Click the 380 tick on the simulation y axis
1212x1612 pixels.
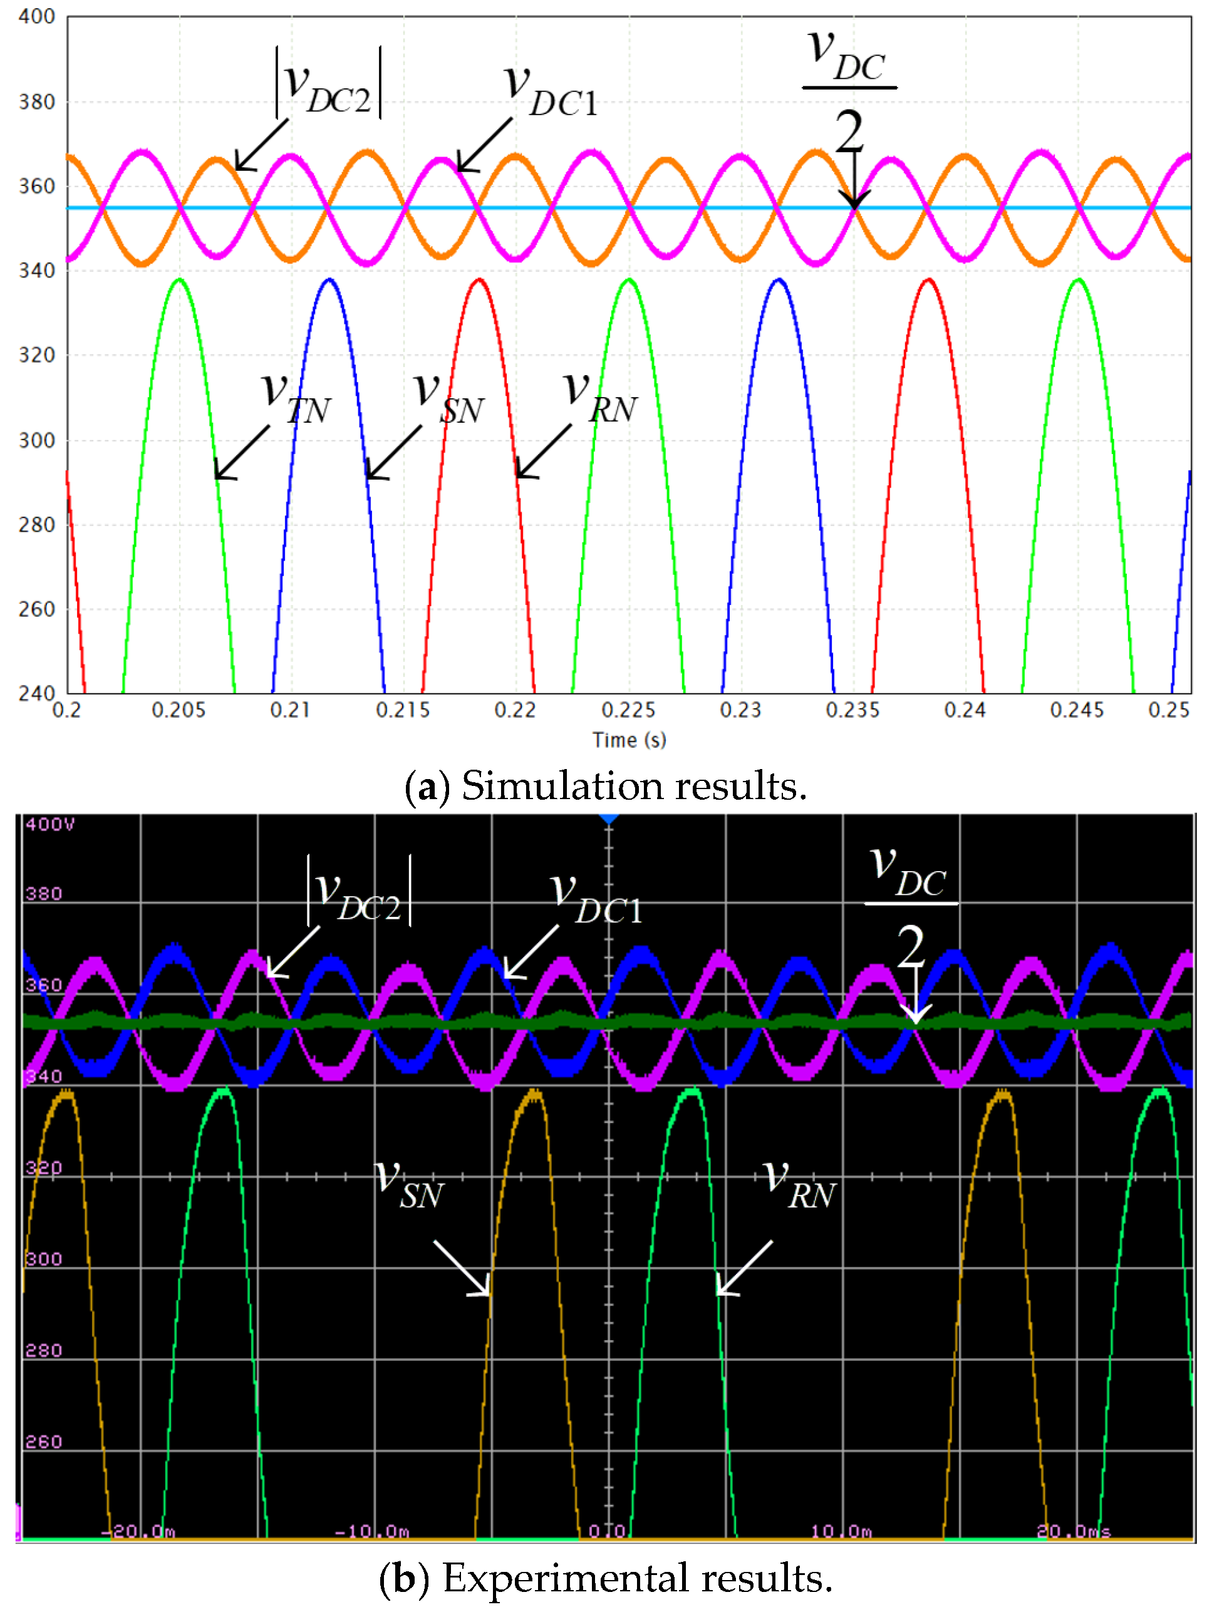coord(36,101)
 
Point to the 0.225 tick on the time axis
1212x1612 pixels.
coord(628,710)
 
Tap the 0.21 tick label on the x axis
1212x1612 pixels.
coord(290,710)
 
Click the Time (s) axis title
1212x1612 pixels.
coord(628,740)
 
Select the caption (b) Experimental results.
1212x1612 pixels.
coord(605,1578)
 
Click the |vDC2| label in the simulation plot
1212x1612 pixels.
coord(328,84)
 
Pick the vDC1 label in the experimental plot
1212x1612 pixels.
coord(596,900)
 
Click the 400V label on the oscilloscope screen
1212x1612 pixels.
coord(49,824)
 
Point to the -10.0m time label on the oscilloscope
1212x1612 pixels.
coord(371,1531)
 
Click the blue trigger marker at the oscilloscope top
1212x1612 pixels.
coord(609,820)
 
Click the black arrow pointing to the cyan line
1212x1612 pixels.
coord(854,178)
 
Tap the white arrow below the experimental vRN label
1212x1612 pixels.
coord(743,1269)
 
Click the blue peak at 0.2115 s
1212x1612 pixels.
coord(329,280)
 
